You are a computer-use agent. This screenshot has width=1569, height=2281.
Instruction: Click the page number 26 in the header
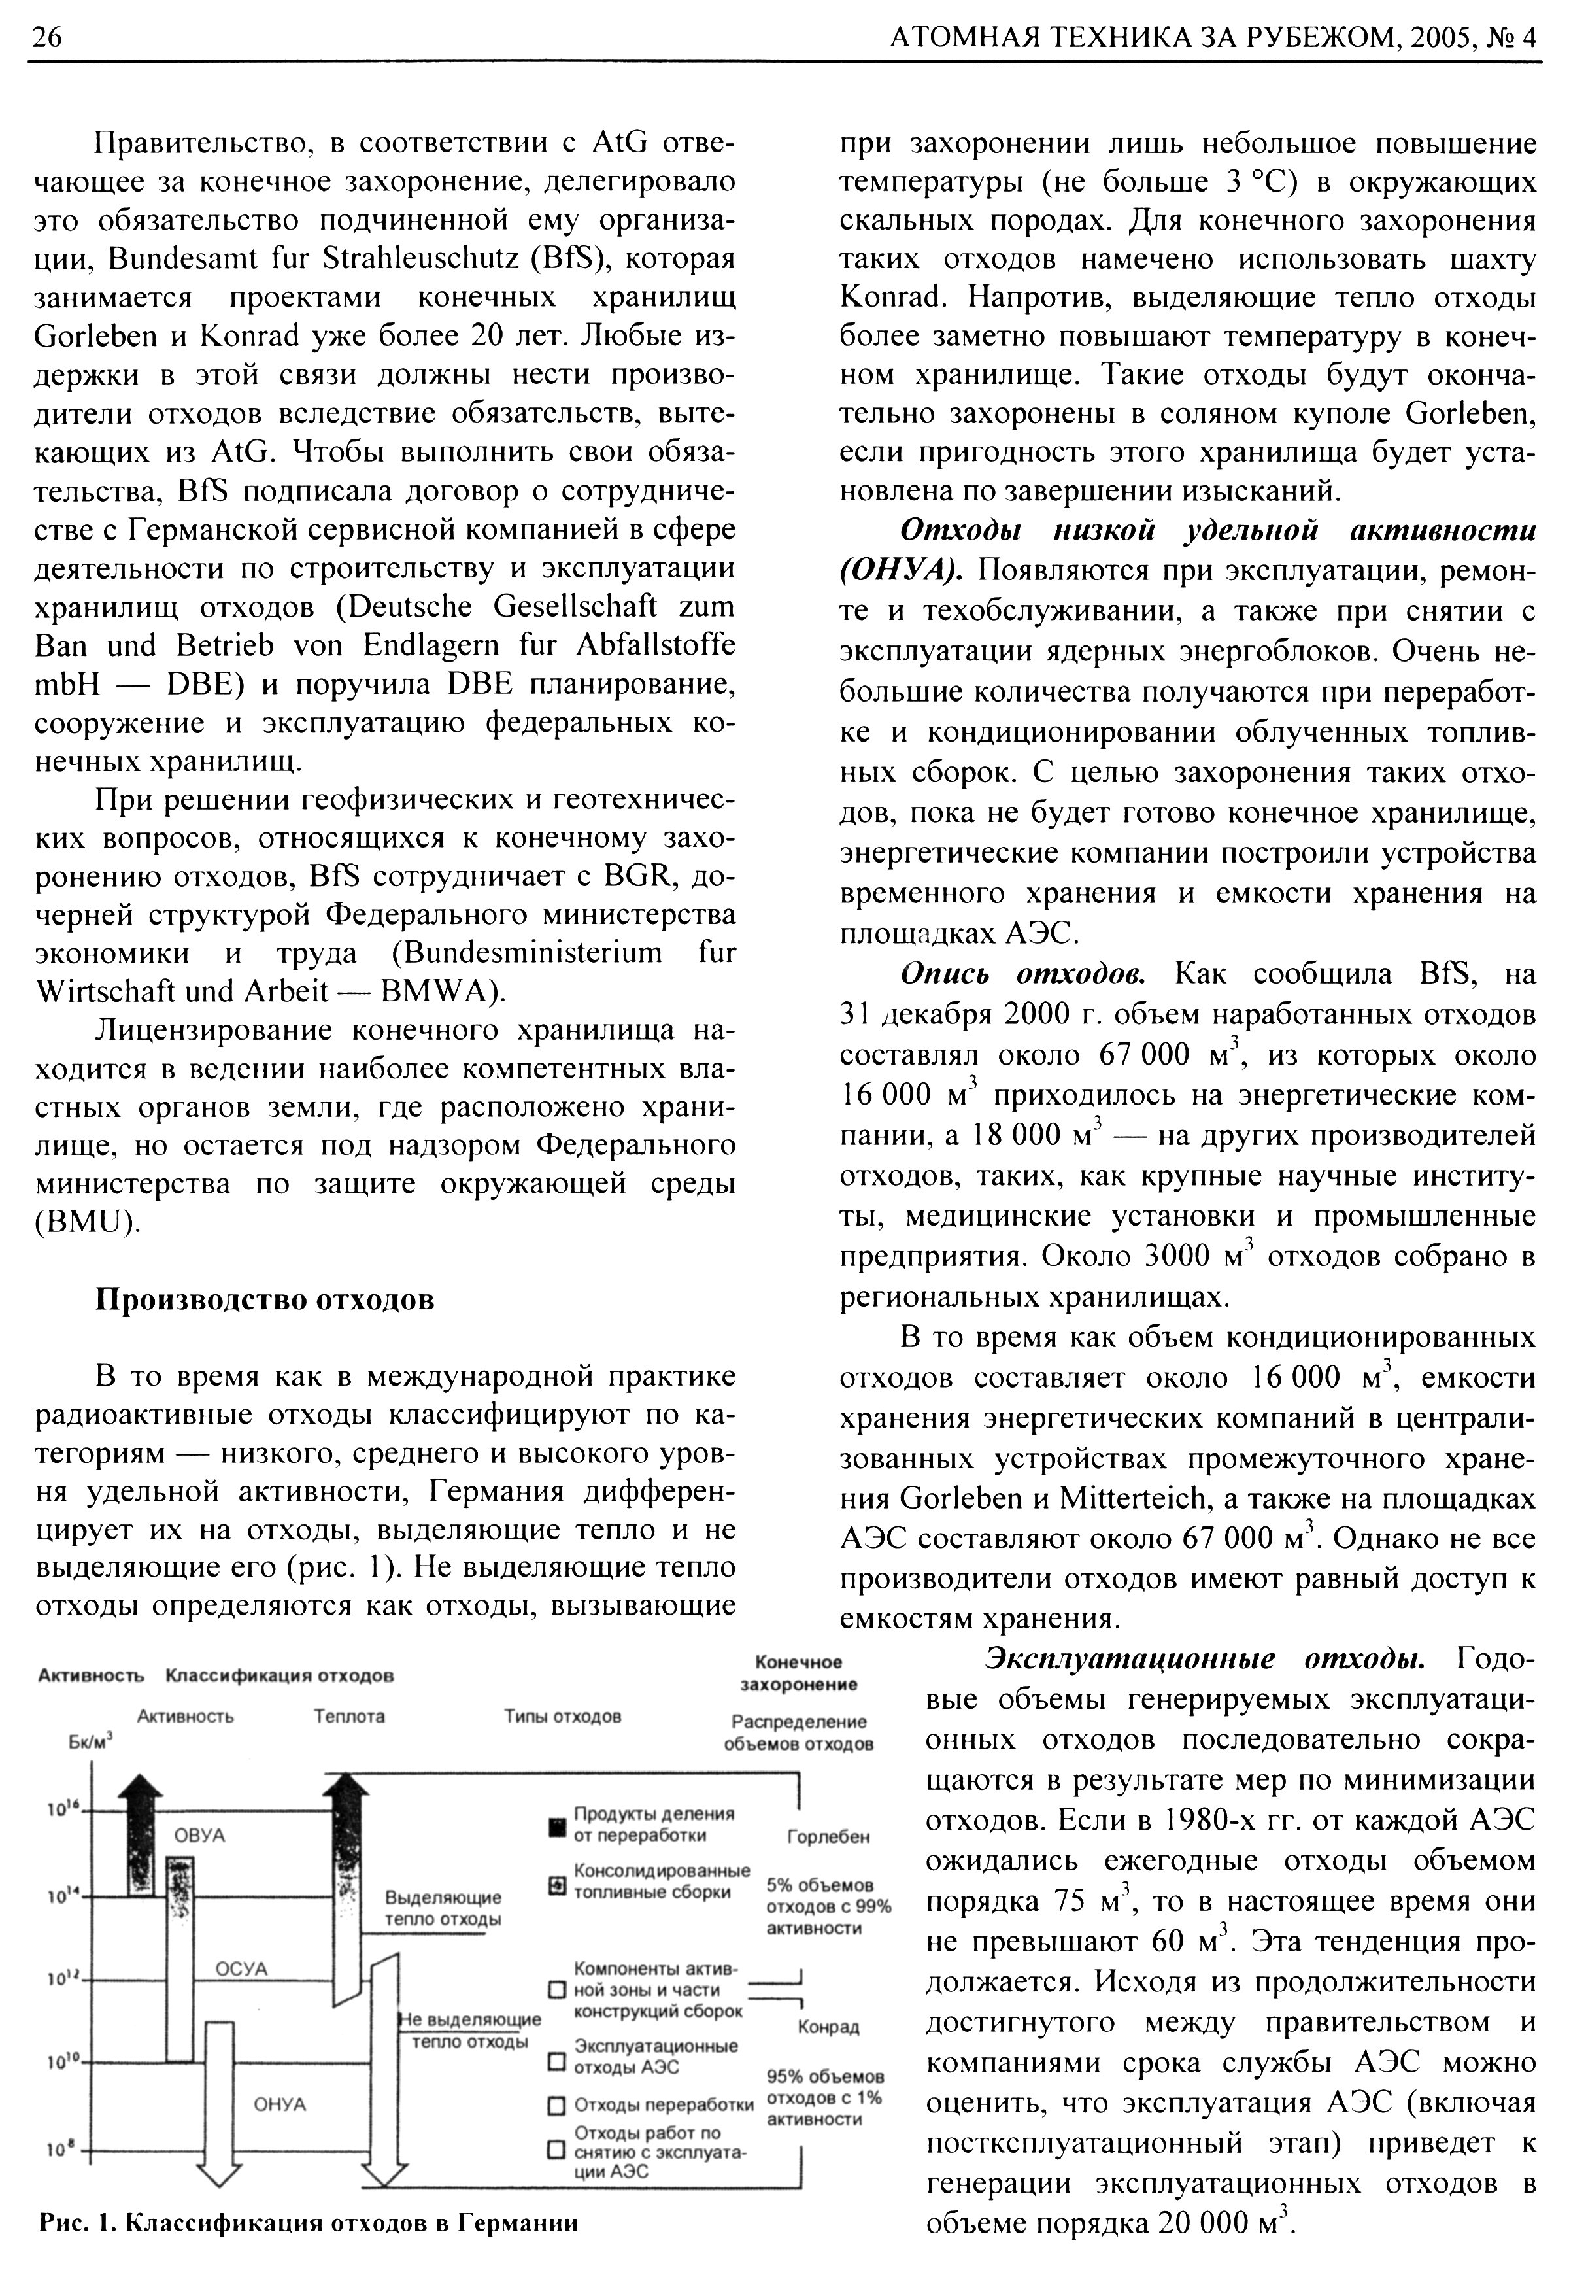click(x=47, y=37)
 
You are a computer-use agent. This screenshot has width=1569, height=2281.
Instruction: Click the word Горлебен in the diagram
click(x=829, y=1836)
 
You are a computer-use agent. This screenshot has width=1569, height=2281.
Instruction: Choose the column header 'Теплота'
click(x=349, y=1717)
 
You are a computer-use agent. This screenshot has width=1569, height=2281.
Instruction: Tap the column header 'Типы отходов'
click(x=562, y=1717)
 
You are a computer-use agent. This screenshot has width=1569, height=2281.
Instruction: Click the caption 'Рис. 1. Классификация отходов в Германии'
click(x=308, y=2223)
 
